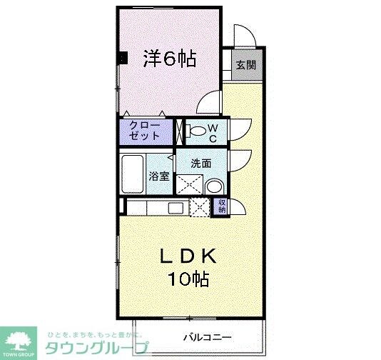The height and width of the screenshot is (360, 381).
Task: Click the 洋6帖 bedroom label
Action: point(170,58)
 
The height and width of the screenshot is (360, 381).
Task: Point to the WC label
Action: point(212,132)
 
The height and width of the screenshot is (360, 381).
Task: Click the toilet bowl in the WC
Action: point(193,131)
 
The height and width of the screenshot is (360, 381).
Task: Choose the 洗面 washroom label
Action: point(200,163)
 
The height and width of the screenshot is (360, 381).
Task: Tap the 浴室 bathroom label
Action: point(158,175)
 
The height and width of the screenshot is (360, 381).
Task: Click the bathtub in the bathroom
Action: point(133,174)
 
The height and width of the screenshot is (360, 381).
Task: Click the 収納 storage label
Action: point(222,206)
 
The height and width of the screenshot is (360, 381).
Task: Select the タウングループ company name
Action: point(97,349)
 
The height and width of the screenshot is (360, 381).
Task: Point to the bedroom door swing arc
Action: point(209,104)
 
